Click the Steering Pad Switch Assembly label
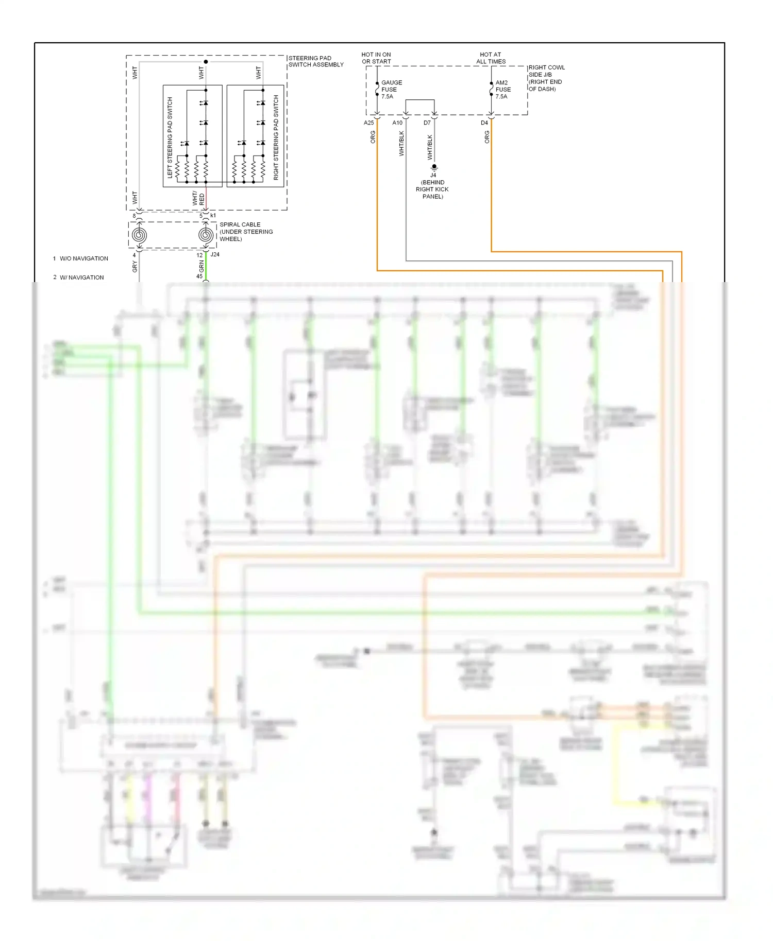coord(315,61)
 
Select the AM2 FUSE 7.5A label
coord(502,90)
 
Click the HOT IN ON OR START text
coord(376,58)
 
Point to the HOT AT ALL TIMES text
coord(491,58)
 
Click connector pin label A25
coord(368,123)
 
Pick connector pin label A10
coord(397,123)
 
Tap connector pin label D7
coord(427,123)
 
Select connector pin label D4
coord(484,123)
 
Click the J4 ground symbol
coord(434,167)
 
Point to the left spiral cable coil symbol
coord(139,235)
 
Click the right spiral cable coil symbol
coord(206,235)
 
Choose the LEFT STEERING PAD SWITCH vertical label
coord(170,137)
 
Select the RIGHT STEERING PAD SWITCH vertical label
coord(276,137)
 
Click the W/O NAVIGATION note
coord(83,258)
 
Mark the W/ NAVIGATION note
coord(81,277)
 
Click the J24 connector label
coord(215,254)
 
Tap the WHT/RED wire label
coord(198,199)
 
